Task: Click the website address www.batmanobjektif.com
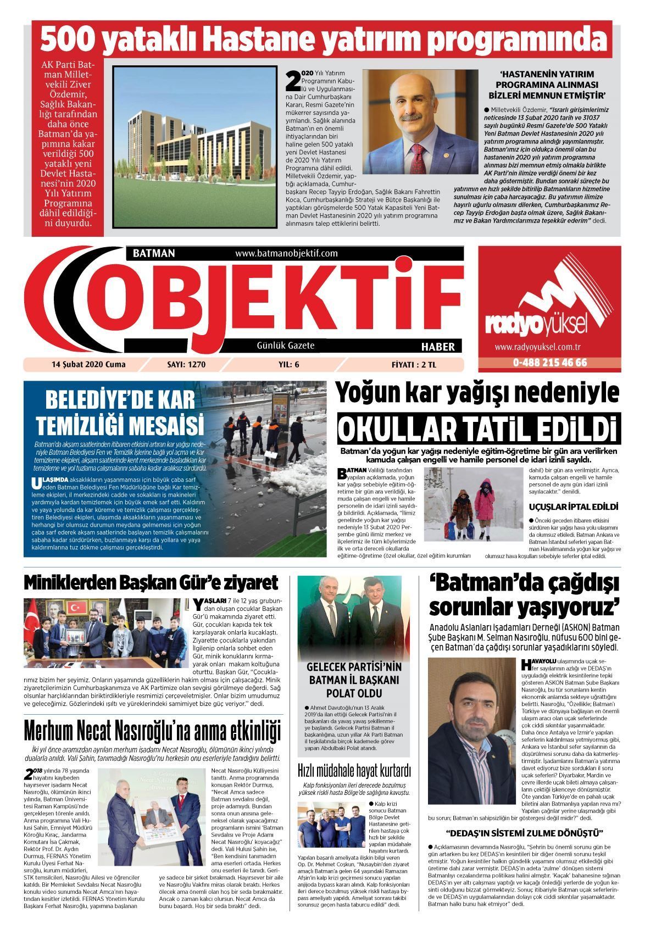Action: coord(286,253)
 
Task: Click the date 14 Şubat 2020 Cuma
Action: coord(88,364)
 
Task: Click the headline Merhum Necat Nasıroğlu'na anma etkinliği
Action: coord(152,731)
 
